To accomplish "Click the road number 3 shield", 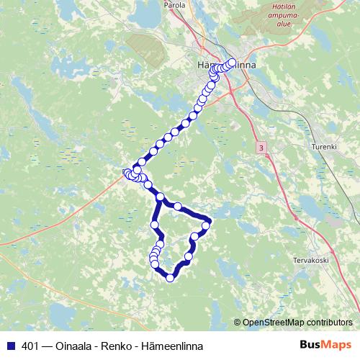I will click(259, 147).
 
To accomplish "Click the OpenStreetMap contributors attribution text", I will click(300, 322).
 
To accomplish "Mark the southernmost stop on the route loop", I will click(171, 278).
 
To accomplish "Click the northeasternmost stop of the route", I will click(232, 62).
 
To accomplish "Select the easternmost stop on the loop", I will click(206, 225).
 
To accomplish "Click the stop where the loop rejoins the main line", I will click(161, 197).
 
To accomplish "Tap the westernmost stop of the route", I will click(127, 172).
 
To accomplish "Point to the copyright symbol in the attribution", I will click(238, 322).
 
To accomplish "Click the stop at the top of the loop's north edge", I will click(177, 206).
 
